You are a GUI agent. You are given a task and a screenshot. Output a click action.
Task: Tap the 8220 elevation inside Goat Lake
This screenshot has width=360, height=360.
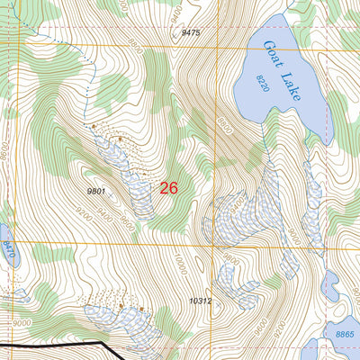(262, 84)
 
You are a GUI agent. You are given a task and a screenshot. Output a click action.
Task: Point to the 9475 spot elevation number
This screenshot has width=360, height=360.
(190, 32)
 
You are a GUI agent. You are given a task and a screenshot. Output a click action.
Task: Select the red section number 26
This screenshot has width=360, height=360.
(168, 188)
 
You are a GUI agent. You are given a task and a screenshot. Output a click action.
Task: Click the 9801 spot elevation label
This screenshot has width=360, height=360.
(98, 191)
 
